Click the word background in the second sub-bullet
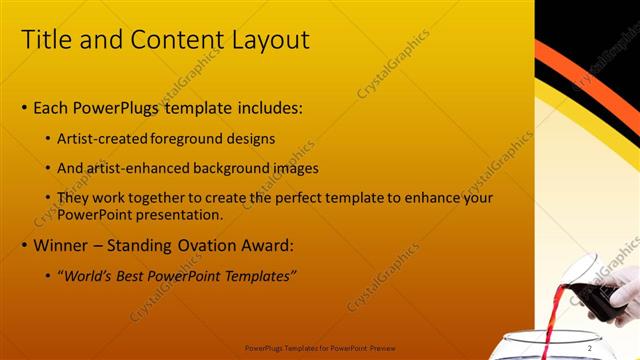pos(244,168)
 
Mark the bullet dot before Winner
pos(25,245)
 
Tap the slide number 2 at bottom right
pos(617,348)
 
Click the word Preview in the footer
pos(381,349)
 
